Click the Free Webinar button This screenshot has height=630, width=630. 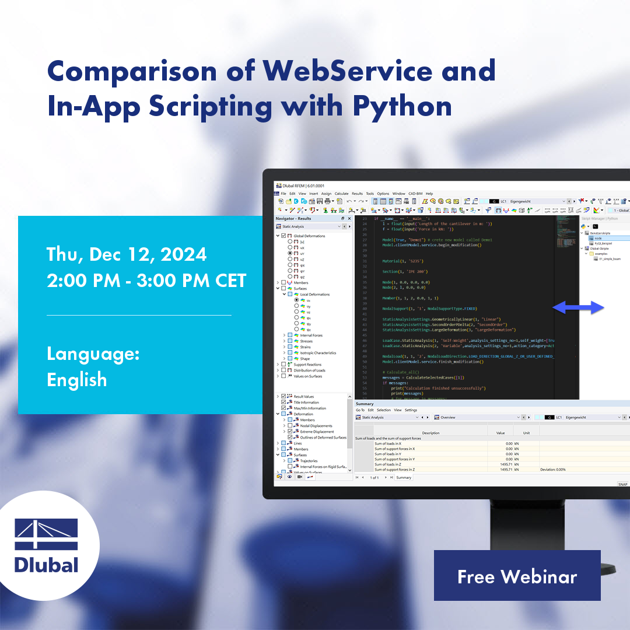click(x=517, y=576)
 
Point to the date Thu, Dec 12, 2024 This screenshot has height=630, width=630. click(x=127, y=254)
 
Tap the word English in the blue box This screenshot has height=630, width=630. click(x=77, y=380)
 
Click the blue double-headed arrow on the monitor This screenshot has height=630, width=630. click(x=578, y=307)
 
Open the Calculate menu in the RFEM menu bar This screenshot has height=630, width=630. click(x=341, y=194)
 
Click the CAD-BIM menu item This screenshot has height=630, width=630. click(x=415, y=194)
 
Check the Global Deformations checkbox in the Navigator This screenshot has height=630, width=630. click(x=283, y=236)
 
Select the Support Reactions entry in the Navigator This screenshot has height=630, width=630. click(x=307, y=365)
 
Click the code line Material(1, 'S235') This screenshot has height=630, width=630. click(x=402, y=261)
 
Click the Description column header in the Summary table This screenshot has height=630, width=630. click(x=430, y=433)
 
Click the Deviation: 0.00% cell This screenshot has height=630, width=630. click(x=552, y=470)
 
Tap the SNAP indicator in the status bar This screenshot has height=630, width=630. click(x=622, y=484)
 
